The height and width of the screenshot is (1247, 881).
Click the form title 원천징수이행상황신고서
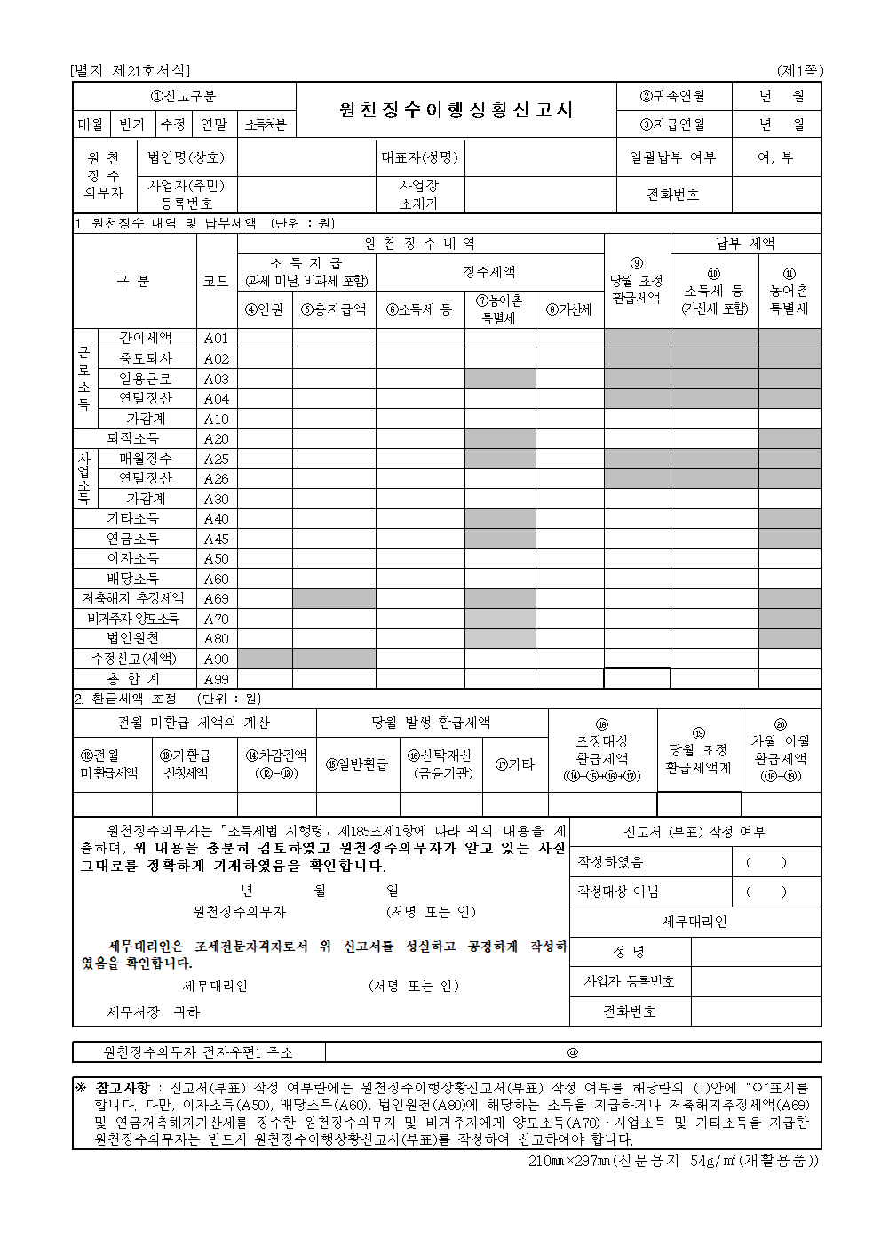(456, 109)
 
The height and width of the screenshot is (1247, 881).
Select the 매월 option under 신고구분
(91, 125)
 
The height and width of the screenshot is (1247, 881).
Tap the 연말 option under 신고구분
(214, 125)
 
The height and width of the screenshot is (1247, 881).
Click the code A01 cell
(217, 339)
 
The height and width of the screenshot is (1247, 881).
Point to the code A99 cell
(217, 679)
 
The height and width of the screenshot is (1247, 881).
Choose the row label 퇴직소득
(133, 438)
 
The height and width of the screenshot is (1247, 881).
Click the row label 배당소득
(133, 579)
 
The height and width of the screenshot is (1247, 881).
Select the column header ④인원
(265, 309)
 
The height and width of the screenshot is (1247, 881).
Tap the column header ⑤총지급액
(334, 309)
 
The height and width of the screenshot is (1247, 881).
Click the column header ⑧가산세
(569, 309)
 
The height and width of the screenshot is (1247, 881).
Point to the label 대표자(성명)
(420, 157)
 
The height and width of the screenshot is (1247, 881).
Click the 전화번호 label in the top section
(672, 195)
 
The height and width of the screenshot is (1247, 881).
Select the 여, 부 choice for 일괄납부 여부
(776, 157)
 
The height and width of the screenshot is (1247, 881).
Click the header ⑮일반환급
(357, 763)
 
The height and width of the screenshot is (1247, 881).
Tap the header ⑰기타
(515, 763)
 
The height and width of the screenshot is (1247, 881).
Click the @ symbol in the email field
(573, 1052)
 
